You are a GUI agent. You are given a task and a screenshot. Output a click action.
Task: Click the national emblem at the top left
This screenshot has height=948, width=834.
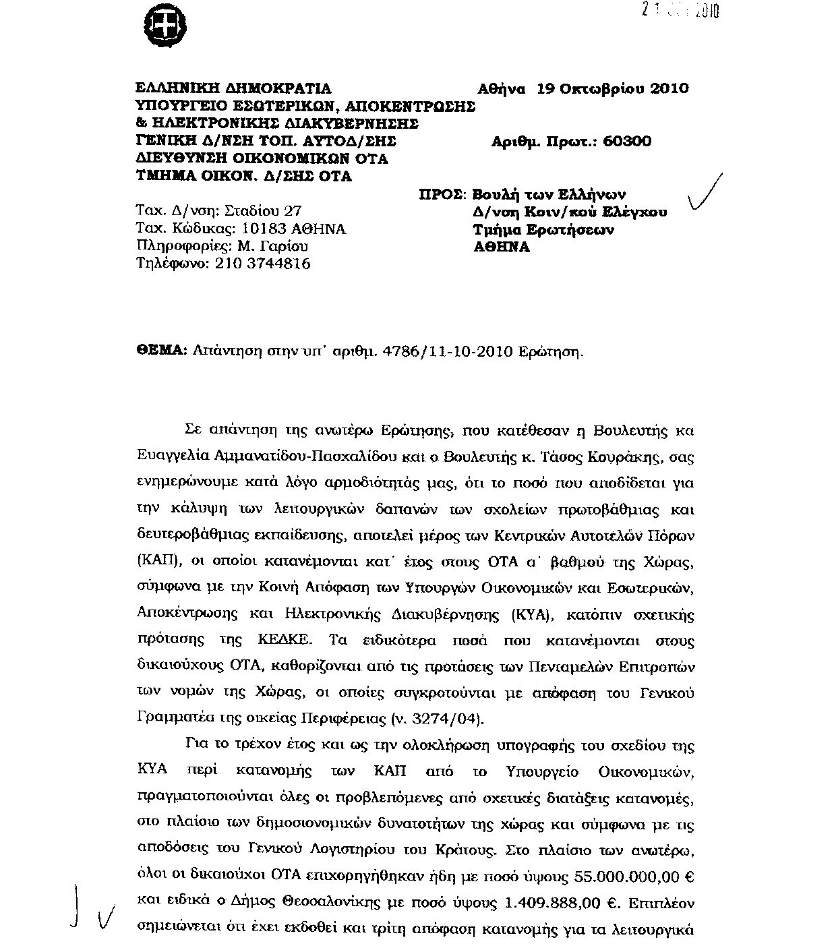click(165, 28)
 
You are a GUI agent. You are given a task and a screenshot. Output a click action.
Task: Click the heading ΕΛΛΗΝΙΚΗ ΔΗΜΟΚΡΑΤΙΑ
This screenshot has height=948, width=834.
click(234, 88)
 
